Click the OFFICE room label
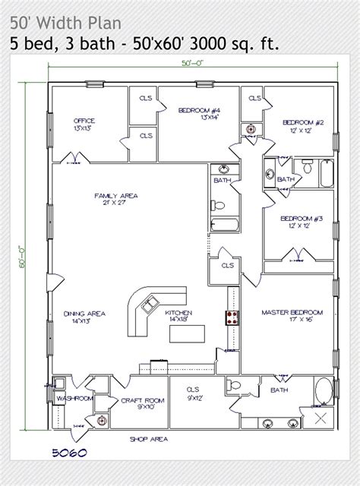(84, 120)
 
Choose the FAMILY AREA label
(111, 195)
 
